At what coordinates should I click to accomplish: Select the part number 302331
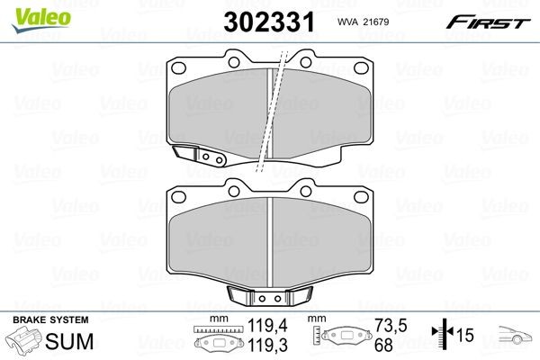pyautogui.click(x=272, y=22)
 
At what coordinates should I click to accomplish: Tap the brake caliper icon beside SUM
pyautogui.click(x=24, y=342)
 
